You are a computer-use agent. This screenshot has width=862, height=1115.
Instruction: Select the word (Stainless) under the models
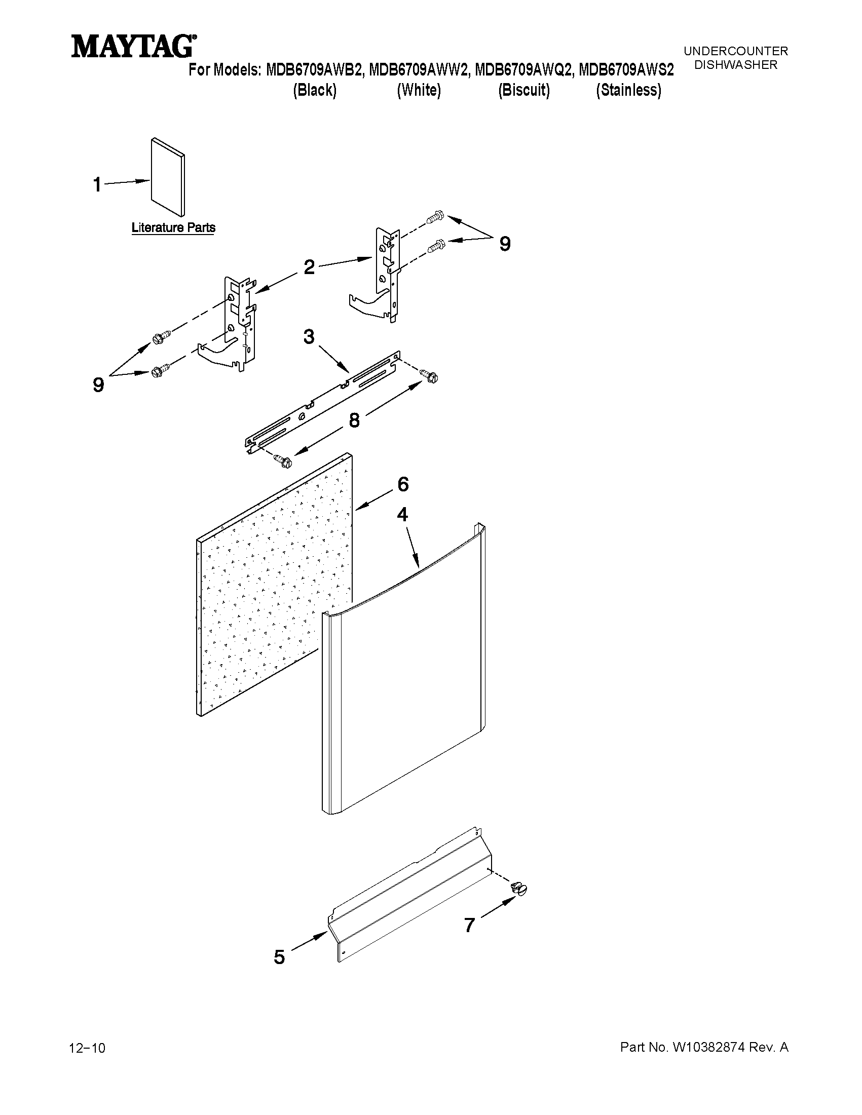coord(628,90)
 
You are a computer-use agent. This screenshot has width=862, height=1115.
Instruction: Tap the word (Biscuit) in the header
coord(524,90)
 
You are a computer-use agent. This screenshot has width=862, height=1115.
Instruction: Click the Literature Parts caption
coord(173,227)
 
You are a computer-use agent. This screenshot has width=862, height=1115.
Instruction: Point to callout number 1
coord(97,185)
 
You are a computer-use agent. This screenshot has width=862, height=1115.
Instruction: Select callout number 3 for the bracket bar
coord(309,337)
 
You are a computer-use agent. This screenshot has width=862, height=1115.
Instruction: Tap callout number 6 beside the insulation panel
coord(403,484)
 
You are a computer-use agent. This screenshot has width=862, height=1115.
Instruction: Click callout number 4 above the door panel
coord(402,515)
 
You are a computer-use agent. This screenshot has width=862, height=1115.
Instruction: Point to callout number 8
coord(354,420)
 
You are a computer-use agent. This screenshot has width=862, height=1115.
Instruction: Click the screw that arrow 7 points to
coord(519,890)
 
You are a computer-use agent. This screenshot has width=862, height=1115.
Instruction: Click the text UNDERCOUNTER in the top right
coord(735,51)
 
